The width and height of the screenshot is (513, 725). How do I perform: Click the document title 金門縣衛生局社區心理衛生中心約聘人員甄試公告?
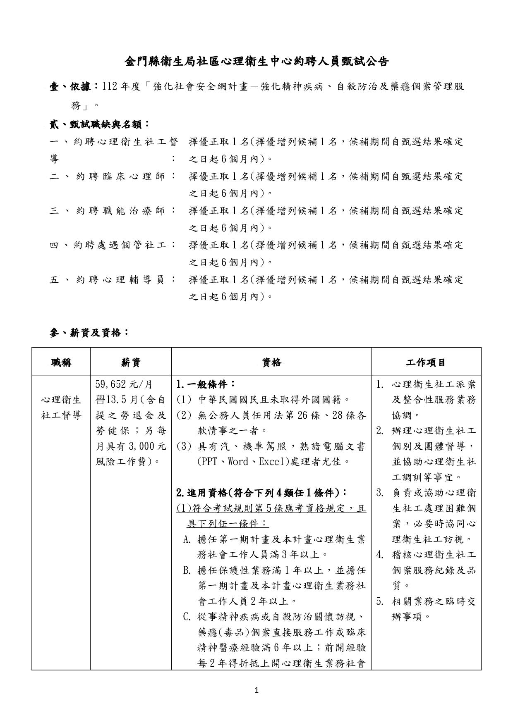pos(256,62)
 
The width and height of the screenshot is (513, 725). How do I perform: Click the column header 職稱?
pos(61,362)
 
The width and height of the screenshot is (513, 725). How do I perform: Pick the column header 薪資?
pos(131,362)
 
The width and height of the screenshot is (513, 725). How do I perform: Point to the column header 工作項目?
pos(426,362)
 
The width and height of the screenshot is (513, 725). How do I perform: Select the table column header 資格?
pos(271,362)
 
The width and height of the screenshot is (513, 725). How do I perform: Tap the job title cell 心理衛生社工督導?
pos(61,408)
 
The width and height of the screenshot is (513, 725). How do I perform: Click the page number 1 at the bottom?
pos(256,690)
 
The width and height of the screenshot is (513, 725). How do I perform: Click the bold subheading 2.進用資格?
pos(261,493)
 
